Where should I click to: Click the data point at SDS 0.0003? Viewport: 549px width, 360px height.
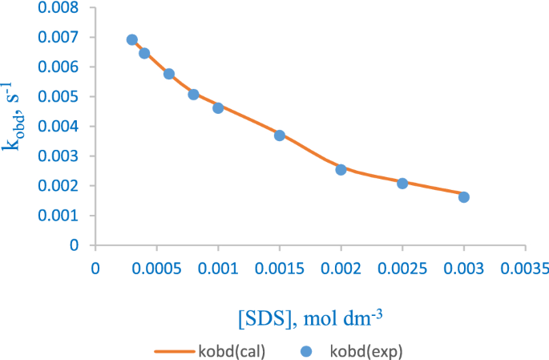tap(132, 40)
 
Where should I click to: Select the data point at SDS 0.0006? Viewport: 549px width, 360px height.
tap(169, 74)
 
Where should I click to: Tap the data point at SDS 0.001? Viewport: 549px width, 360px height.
tap(218, 108)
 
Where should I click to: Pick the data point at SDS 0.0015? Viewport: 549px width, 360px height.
tap(280, 136)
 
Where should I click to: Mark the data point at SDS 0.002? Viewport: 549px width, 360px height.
tap(341, 170)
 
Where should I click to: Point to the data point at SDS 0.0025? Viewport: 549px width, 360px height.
tap(402, 184)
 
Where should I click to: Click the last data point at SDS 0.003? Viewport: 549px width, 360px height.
tap(464, 197)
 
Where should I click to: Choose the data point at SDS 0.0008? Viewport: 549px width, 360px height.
tap(193, 95)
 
